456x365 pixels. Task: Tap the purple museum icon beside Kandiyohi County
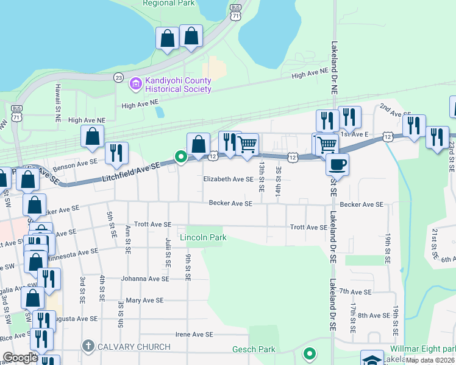[x=135, y=84]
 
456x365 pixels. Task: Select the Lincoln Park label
[x=202, y=237]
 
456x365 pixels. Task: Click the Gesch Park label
[x=254, y=350]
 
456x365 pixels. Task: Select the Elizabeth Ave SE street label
[x=228, y=179]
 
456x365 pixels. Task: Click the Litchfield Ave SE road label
[x=131, y=170]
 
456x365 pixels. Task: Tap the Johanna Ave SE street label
[x=144, y=279]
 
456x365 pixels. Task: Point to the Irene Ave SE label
[x=194, y=335]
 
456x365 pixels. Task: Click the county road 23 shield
[x=118, y=78]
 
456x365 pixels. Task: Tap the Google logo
[x=20, y=358]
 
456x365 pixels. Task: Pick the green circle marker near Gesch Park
[x=310, y=353]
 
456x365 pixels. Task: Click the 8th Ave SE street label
[x=373, y=315]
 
